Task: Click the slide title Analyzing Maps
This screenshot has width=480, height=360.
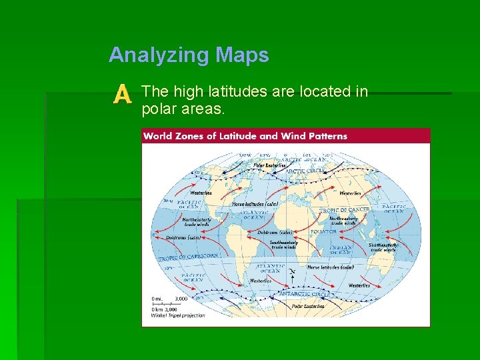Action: click(x=189, y=55)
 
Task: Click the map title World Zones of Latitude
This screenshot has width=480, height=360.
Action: click(x=245, y=136)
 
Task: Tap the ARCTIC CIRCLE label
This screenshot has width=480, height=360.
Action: click(x=305, y=171)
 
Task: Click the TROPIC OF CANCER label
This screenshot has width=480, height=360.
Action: click(x=345, y=210)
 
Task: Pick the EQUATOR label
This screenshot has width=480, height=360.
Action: click(x=323, y=232)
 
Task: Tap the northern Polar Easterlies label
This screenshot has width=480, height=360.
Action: click(x=269, y=165)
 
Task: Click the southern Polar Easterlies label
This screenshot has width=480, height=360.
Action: click(x=308, y=306)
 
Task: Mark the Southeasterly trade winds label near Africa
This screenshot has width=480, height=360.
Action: click(x=283, y=245)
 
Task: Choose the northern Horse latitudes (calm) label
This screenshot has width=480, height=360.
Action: click(x=255, y=204)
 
